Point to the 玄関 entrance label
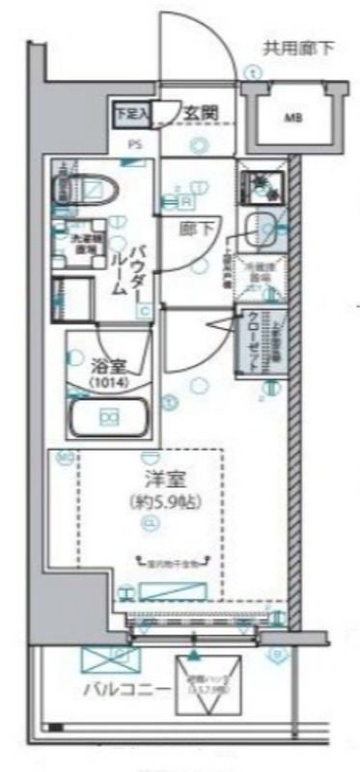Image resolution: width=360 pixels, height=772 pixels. click(x=202, y=112)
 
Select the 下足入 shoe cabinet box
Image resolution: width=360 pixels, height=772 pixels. click(x=133, y=112)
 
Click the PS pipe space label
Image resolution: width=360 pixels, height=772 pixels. click(x=132, y=146)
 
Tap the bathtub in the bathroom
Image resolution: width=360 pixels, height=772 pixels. click(x=106, y=417)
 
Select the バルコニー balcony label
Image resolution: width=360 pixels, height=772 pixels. click(x=126, y=689)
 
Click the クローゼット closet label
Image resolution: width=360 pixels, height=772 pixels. click(x=256, y=344)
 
